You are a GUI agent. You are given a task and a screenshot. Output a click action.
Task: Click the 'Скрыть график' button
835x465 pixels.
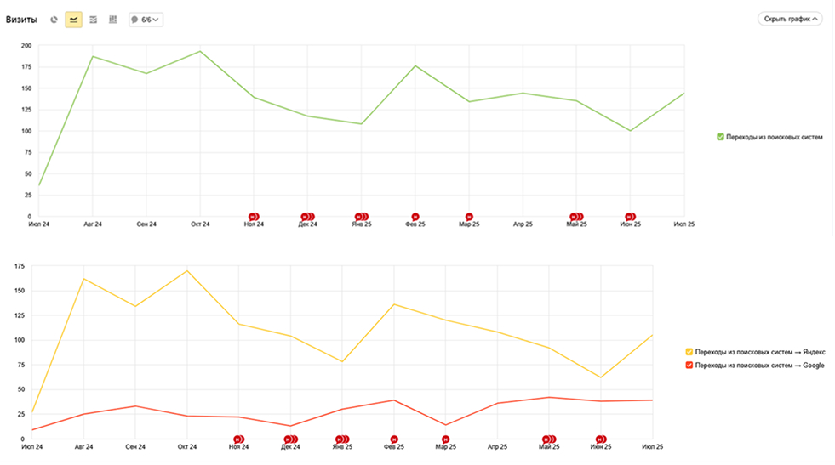pos(789,18)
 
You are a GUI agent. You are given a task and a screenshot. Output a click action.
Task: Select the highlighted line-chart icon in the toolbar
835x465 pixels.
pos(73,19)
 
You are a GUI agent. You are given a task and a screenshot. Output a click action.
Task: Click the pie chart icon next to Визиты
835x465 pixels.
pos(54,19)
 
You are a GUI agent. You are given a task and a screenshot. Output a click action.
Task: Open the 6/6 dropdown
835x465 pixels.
pos(146,19)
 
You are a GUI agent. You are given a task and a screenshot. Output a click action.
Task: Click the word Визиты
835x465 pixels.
pos(21,19)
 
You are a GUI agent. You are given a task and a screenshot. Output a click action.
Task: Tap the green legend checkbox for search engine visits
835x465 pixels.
pos(720,136)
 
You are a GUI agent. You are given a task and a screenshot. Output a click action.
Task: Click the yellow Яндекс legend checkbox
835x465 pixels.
pos(689,351)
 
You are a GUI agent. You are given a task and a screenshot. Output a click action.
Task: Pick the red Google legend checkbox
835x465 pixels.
pos(689,365)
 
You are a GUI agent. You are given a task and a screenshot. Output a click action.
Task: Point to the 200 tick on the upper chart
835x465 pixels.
pos(26,46)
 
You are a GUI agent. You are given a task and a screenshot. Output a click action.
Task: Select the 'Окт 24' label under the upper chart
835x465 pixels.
pos(200,224)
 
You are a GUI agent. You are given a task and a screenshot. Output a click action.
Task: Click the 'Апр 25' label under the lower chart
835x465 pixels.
pos(497,446)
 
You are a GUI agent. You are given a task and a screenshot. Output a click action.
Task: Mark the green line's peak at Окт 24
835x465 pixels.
pos(200,51)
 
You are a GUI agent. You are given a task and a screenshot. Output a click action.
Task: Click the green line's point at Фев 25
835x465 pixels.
pos(415,65)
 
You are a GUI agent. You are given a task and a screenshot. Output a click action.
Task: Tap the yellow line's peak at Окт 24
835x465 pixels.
pos(186,270)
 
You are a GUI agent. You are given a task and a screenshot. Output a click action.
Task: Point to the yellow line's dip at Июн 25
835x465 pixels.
pos(601,377)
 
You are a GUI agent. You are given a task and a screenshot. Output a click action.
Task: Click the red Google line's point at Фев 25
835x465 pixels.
pos(394,400)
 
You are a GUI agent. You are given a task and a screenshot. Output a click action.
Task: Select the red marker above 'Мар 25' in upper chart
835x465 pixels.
pos(469,217)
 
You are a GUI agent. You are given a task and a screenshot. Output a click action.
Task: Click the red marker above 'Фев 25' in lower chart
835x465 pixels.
pos(394,439)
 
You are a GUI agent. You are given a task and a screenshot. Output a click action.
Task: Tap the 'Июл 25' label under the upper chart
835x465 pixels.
pos(684,224)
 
